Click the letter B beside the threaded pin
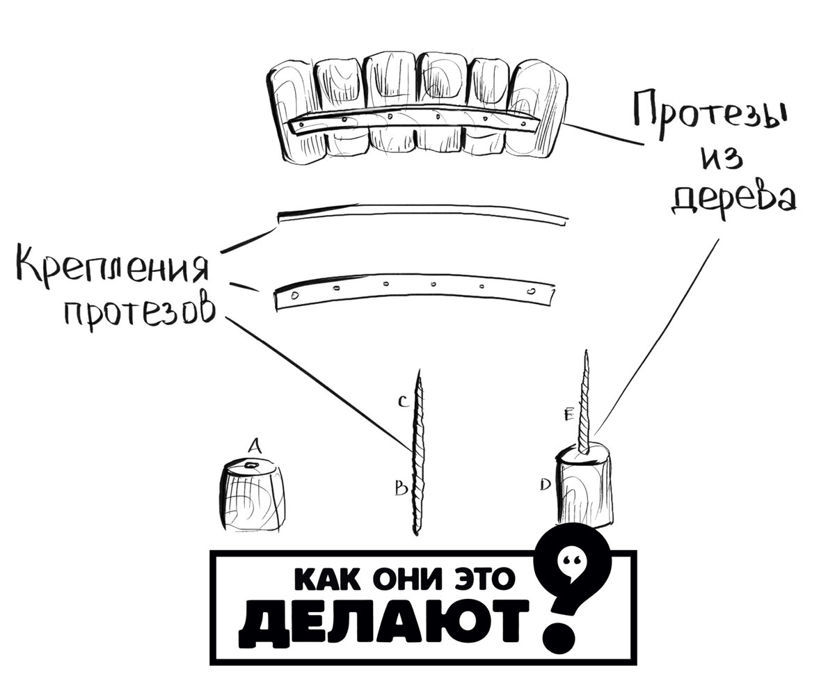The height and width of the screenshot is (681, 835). pos(401,490)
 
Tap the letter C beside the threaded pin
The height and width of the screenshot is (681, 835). pos(402,401)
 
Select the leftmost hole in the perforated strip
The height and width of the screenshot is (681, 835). pos(294,296)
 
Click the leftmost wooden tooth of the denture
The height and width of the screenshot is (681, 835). pos(291,111)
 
